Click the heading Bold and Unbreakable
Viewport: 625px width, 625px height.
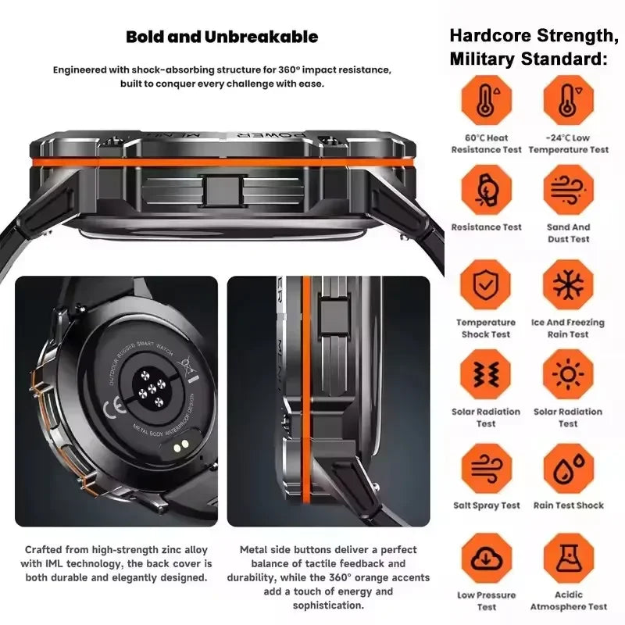click(x=222, y=37)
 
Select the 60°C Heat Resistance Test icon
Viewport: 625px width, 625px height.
click(x=486, y=100)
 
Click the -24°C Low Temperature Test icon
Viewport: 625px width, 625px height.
click(x=568, y=100)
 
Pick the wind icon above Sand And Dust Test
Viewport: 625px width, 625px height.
click(x=568, y=190)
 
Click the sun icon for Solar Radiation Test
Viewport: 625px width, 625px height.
click(x=568, y=374)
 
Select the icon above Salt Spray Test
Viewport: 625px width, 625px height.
click(x=486, y=468)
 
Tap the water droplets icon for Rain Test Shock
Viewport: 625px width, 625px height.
click(x=568, y=468)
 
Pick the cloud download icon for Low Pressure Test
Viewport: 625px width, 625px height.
click(x=486, y=558)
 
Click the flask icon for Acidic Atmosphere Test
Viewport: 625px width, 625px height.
click(x=568, y=558)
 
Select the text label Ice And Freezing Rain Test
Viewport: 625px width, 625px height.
click(x=568, y=328)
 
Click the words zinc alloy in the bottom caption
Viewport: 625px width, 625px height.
click(x=177, y=549)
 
